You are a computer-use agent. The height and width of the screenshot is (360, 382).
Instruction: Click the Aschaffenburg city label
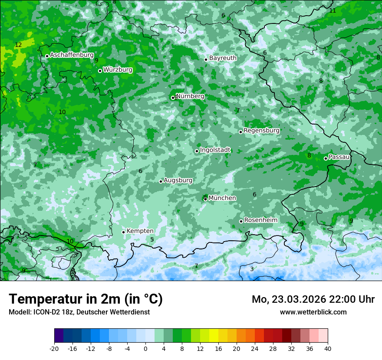pos(72,55)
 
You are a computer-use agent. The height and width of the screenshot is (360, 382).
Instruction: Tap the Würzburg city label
pos(118,70)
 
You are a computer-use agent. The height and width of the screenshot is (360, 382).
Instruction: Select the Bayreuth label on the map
pos(223,58)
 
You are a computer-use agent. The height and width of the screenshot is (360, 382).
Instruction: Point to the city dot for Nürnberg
pos(173,98)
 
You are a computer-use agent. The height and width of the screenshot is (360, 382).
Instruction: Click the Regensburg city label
pos(261,131)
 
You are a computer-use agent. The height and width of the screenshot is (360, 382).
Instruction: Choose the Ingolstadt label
pos(215,150)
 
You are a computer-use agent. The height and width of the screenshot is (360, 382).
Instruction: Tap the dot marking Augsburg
pos(161,181)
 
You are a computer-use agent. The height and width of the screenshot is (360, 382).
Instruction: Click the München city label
pos(222,198)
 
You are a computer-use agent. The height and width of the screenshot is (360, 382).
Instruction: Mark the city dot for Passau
pos(326,158)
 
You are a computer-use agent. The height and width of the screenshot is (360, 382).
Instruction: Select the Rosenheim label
pos(260,220)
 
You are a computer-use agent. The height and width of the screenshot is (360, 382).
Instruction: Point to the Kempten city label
pos(140,231)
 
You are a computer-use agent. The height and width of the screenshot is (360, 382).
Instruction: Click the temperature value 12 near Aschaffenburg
pos(18,45)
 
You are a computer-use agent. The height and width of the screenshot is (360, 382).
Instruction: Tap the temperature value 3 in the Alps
pos(252,269)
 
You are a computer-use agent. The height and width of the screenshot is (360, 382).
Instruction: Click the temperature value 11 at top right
pos(333,10)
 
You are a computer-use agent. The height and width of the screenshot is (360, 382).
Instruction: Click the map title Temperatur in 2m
pos(86,299)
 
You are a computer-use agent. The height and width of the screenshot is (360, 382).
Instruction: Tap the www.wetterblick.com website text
pos(313,312)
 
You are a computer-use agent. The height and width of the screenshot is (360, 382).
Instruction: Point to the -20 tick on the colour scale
pos(54,348)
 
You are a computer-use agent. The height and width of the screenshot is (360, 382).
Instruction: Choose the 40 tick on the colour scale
pos(328,348)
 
